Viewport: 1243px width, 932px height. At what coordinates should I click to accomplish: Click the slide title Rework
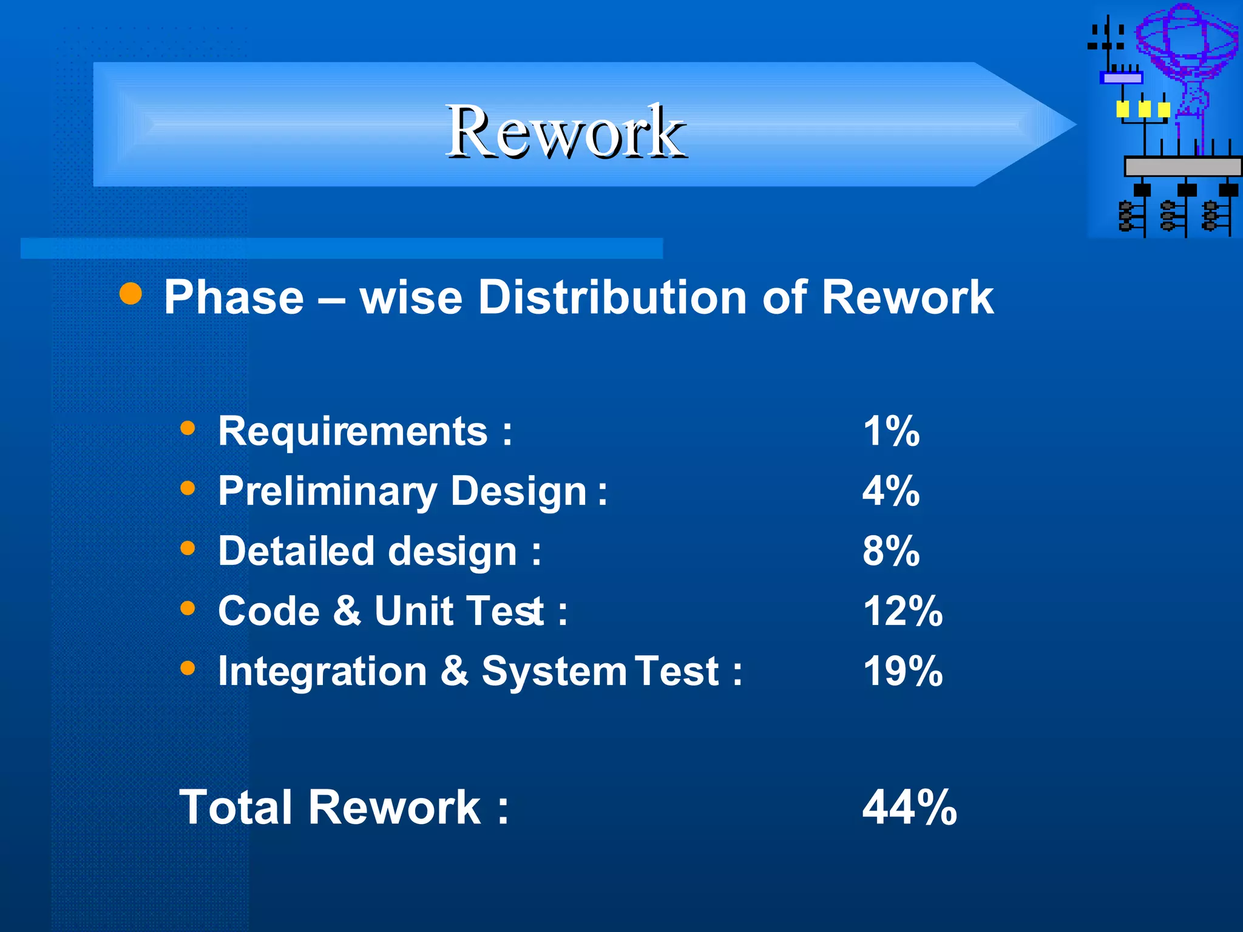tap(566, 132)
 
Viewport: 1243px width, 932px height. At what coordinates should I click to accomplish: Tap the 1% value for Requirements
tap(891, 431)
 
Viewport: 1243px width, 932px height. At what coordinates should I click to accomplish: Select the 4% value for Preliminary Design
tap(891, 491)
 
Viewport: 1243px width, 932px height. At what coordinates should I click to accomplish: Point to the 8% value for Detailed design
tap(891, 551)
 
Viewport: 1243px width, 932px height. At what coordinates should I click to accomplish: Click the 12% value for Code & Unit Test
tap(903, 610)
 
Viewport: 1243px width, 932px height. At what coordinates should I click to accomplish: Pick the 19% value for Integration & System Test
tap(903, 671)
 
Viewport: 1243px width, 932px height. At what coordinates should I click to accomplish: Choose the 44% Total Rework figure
tap(909, 808)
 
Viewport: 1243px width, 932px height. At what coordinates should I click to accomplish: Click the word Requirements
tap(353, 431)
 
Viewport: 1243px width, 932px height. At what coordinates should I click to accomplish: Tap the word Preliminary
tap(327, 491)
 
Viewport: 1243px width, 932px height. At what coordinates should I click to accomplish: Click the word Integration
tap(322, 671)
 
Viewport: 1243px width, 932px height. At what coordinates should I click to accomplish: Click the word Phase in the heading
tap(234, 297)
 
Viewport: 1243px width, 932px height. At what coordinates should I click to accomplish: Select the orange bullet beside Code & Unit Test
tap(188, 607)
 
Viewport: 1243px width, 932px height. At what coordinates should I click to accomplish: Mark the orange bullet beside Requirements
tap(188, 428)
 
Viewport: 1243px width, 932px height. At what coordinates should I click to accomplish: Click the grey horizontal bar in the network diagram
tap(1182, 166)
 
